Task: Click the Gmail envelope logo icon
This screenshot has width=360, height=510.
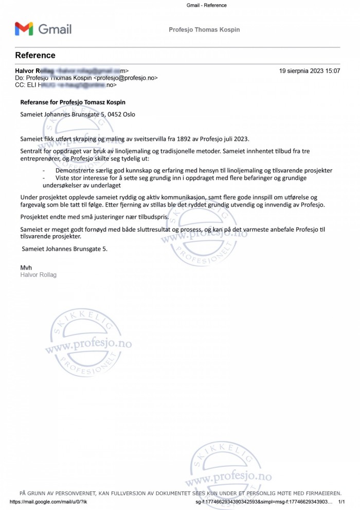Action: coord(24,29)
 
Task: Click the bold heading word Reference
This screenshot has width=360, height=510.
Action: coord(35,56)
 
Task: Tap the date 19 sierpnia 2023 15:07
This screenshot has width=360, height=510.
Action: coord(310,71)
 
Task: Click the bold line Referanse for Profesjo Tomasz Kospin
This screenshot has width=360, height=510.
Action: coord(73,102)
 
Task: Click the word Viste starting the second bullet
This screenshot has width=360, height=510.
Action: coord(64,178)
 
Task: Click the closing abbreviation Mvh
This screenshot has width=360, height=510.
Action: coord(26,268)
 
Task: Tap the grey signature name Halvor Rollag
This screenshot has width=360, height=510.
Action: coord(38,275)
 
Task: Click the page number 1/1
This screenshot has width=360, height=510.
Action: coord(341,501)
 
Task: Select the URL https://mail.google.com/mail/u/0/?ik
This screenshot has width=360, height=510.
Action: coord(48,501)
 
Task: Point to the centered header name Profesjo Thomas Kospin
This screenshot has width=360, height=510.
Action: coord(204,30)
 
